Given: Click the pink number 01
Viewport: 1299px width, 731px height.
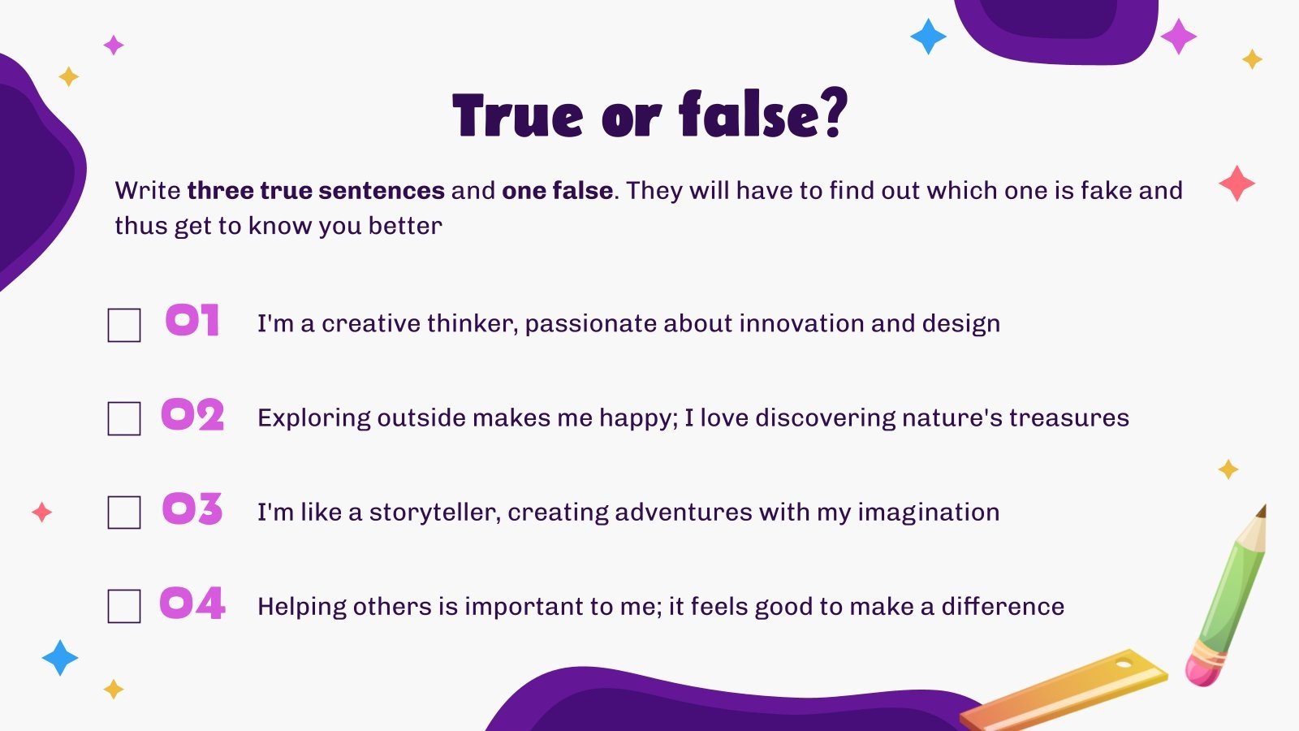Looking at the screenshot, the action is [192, 320].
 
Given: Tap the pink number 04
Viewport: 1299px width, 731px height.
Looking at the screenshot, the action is [192, 603].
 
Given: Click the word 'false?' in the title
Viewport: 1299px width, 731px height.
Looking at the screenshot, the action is [763, 115].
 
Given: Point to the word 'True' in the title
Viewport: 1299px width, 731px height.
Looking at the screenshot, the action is [517, 115].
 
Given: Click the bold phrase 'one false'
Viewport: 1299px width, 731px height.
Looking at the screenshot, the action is [557, 190].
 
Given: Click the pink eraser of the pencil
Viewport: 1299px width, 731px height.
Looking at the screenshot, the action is [1204, 671].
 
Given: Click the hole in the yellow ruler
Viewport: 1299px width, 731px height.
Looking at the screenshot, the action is [1124, 663].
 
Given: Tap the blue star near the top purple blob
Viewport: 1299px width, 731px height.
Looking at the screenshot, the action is [928, 37].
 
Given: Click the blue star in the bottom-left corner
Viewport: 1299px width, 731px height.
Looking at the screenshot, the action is [60, 658].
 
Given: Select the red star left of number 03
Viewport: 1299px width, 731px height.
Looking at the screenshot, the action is [41, 513].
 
